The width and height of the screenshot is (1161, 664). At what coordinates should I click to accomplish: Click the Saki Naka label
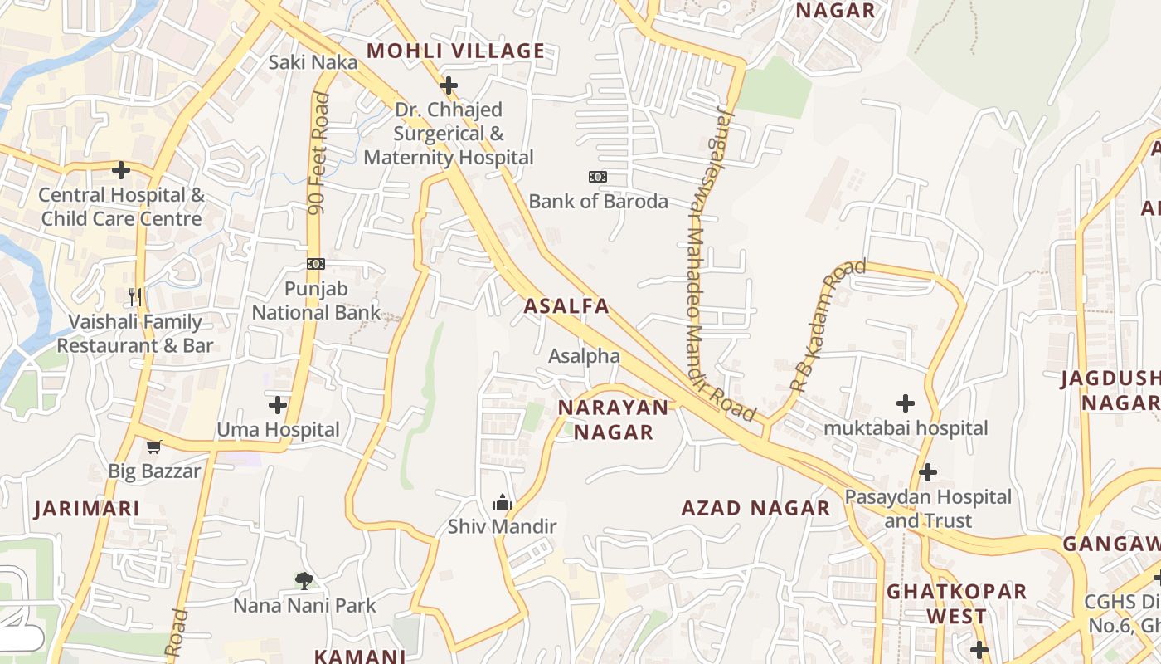(x=313, y=62)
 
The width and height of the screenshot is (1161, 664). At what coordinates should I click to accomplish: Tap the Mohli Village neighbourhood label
(x=455, y=51)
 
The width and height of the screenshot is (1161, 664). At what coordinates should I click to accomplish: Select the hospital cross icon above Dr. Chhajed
(x=449, y=85)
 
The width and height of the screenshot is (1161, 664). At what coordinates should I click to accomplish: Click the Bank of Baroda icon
(x=597, y=177)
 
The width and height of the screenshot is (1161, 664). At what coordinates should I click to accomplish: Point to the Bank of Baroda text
(x=598, y=201)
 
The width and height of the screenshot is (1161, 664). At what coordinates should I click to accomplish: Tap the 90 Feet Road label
(x=318, y=154)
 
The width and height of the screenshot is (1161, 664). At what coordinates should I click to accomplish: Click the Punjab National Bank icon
(x=316, y=264)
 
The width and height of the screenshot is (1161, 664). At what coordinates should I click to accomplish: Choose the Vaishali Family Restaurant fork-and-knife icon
(x=135, y=296)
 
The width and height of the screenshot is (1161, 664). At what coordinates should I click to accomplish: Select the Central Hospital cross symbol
(x=121, y=170)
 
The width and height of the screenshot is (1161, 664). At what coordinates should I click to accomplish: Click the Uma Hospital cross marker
(x=278, y=405)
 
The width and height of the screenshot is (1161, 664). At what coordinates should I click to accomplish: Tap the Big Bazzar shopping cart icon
(x=153, y=447)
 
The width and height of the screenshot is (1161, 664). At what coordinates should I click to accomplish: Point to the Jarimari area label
(x=86, y=509)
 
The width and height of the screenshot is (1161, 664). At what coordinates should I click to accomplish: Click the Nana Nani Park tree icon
(x=304, y=581)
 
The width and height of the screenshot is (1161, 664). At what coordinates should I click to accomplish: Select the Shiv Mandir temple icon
(x=503, y=502)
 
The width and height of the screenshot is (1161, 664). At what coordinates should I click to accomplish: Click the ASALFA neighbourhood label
(x=566, y=306)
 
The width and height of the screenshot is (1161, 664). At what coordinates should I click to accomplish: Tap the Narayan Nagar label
(x=613, y=419)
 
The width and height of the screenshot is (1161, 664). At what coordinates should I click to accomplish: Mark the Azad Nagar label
(x=755, y=508)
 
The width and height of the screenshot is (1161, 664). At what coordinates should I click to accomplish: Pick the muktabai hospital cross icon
(x=906, y=404)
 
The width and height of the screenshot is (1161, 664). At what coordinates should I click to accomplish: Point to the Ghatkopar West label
(x=956, y=604)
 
